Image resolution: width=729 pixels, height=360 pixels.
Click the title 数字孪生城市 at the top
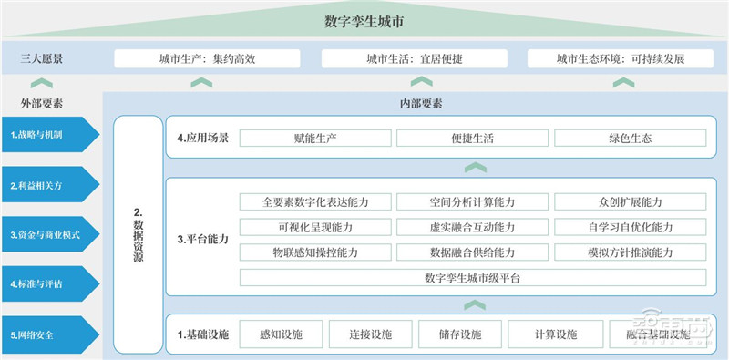click(364, 21)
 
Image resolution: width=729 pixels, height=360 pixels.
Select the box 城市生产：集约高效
click(209, 59)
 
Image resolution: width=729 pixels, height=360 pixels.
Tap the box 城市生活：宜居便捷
click(416, 59)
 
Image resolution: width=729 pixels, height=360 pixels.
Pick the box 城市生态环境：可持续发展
click(621, 59)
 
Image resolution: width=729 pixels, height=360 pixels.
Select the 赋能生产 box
click(315, 139)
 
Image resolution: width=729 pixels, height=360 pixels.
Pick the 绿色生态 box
click(630, 139)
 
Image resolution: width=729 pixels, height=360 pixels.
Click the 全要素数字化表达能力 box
click(315, 201)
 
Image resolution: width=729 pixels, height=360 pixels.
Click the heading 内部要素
click(421, 104)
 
